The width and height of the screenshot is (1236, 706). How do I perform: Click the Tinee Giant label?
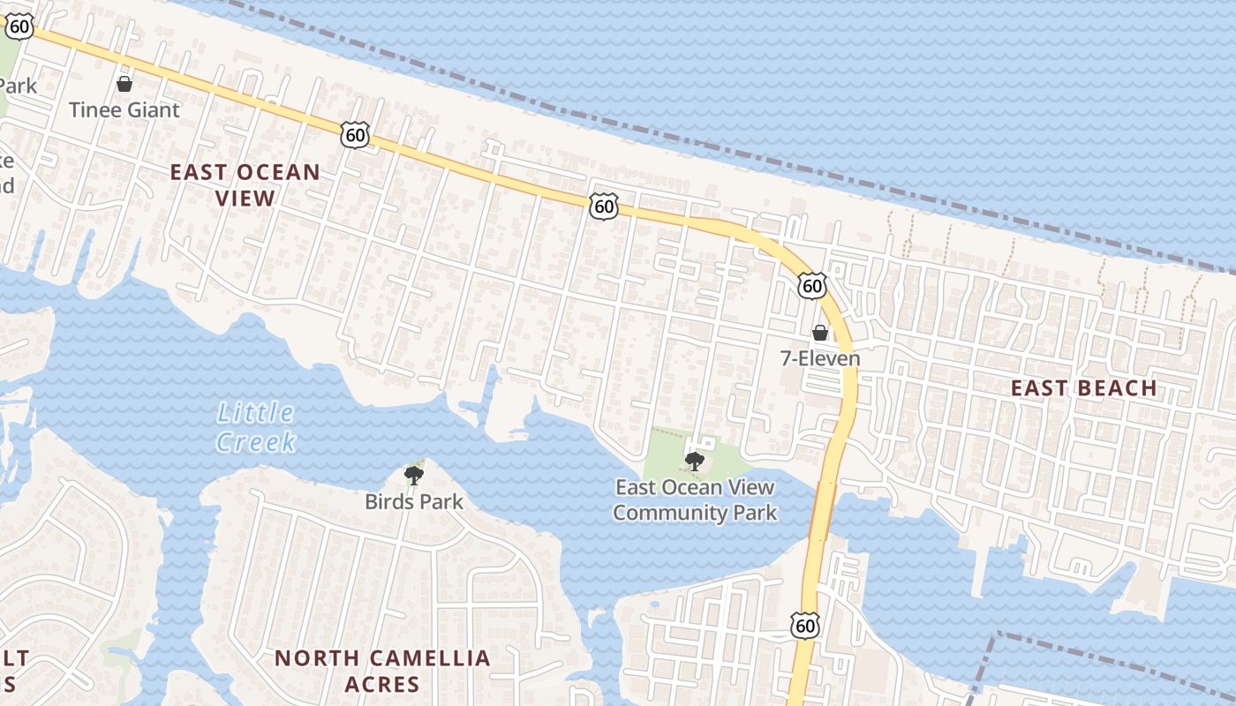tap(124, 110)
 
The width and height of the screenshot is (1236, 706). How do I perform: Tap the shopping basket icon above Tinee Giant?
tap(124, 84)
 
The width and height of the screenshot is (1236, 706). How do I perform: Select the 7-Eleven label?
tap(820, 358)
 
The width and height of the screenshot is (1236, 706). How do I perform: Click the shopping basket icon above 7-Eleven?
tap(820, 333)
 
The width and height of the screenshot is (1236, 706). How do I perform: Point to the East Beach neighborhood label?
tap(1083, 388)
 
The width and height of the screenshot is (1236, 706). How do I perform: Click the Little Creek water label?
tap(256, 426)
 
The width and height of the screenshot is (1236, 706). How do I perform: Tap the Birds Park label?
tap(414, 502)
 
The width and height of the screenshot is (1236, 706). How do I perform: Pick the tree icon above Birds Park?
tap(413, 477)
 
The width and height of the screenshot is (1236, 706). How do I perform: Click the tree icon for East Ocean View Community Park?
tap(695, 461)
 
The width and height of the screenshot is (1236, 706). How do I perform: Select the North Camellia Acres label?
tap(382, 671)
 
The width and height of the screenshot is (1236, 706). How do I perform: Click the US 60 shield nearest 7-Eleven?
tap(812, 284)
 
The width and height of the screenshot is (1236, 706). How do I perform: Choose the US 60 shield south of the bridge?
tap(805, 626)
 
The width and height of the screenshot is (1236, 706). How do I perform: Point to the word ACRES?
tap(382, 684)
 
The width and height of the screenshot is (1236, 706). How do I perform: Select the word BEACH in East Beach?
tap(1119, 388)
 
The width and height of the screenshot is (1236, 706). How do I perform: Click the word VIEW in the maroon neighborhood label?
tap(245, 198)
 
